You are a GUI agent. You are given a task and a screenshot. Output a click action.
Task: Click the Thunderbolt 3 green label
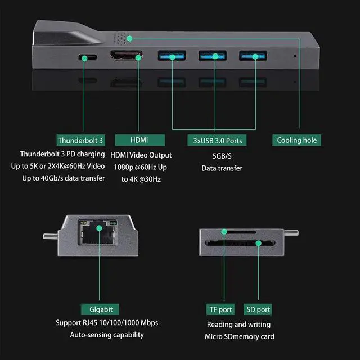81,140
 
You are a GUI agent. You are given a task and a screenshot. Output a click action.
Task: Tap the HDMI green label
139,140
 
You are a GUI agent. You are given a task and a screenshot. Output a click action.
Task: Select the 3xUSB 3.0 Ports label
217,140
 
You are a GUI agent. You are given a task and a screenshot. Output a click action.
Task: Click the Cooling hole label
297,140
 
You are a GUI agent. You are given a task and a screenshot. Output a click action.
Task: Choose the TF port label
220,309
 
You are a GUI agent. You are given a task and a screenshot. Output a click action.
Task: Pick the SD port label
258,309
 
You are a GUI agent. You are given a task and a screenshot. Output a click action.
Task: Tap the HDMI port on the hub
127,56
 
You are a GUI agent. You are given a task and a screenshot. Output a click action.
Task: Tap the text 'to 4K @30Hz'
141,179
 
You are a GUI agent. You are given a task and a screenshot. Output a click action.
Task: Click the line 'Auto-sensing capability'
107,335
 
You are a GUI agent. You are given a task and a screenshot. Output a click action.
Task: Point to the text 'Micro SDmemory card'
238,336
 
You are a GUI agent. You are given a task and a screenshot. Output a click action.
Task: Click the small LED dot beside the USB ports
295,56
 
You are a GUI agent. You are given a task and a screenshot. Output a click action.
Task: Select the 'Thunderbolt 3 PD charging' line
62,154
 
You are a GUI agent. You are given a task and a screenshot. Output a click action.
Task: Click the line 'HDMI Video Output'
141,155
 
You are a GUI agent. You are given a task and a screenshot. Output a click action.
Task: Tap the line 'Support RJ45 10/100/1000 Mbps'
107,323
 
